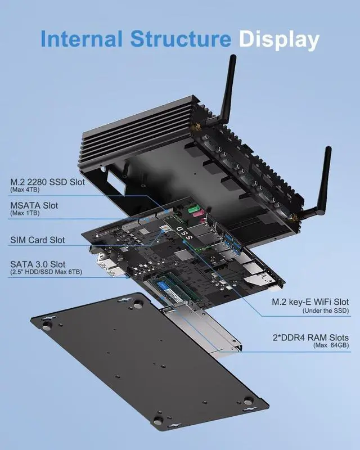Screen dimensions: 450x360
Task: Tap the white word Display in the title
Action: pos(278,40)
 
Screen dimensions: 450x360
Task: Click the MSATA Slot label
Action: pos(34,206)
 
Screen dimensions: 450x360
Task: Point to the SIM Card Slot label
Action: pos(38,240)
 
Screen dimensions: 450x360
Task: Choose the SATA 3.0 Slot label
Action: pos(38,264)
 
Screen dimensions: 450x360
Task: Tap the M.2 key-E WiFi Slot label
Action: pos(310,302)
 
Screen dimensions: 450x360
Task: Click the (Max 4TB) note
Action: pos(25,190)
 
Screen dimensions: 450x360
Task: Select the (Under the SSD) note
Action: pos(326,310)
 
